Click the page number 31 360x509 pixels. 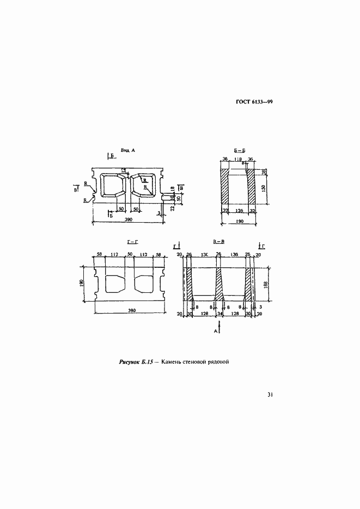coord(269,395)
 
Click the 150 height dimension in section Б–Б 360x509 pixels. coord(264,188)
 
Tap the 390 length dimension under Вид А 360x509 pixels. coord(129,219)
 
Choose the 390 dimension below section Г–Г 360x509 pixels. coord(131,310)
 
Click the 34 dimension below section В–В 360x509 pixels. coord(219,314)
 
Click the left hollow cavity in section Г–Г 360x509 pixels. coord(113,284)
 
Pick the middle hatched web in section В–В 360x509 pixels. coord(219,283)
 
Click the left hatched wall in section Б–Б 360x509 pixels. coord(225,188)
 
